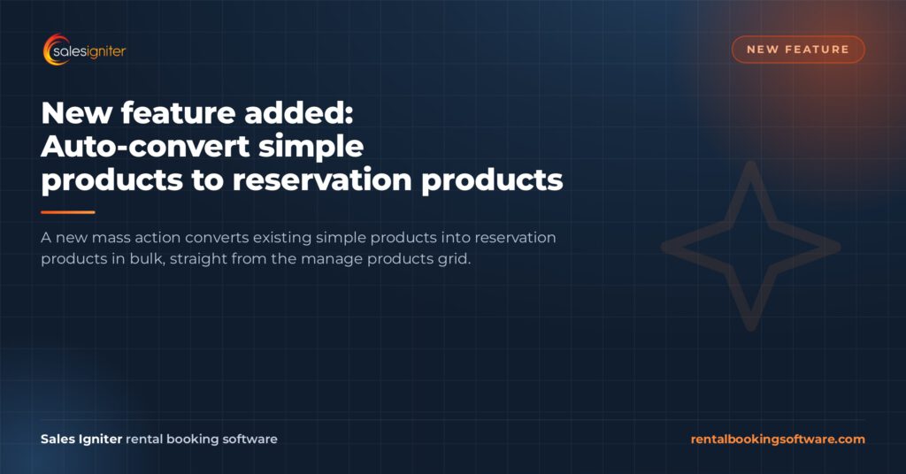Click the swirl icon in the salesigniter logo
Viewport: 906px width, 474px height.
click(x=50, y=50)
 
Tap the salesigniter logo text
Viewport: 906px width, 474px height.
click(x=89, y=52)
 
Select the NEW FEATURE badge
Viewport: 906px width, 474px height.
click(x=798, y=50)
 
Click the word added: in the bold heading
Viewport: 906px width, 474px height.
click(x=299, y=112)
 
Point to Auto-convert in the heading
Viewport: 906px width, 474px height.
click(x=146, y=147)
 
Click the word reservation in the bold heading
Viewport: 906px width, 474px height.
click(x=322, y=180)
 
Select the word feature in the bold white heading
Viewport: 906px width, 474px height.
click(x=178, y=112)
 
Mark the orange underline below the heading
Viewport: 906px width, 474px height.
click(x=67, y=212)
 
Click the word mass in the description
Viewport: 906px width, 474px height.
click(x=111, y=238)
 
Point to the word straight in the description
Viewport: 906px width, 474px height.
click(x=198, y=259)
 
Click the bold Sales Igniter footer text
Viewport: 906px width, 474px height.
click(x=81, y=440)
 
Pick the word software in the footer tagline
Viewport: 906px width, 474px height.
click(x=250, y=439)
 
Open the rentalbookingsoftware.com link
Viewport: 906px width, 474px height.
click(x=778, y=440)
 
